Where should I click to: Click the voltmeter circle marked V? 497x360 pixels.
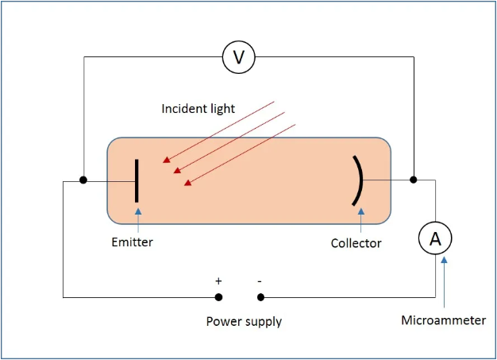coord(239,56)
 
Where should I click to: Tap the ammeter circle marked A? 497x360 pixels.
coord(435,238)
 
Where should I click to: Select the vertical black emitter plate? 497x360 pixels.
coord(137,180)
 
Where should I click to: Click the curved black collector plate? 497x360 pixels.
coord(358,180)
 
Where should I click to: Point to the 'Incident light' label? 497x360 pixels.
coord(198,108)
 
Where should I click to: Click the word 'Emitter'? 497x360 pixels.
coord(132,242)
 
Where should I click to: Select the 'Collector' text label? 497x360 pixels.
coord(356,243)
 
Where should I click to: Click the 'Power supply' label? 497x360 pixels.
coord(244,321)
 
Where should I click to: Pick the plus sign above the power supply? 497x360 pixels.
coord(218,281)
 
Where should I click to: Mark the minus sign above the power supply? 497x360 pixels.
coord(260,281)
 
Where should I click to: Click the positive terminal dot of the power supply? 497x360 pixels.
coord(219,297)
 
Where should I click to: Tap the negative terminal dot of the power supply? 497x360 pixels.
coord(260,297)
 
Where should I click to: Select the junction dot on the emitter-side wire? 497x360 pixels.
coord(83,180)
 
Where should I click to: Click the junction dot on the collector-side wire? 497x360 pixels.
coord(414,180)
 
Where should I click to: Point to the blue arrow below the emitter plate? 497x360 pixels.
coord(138,219)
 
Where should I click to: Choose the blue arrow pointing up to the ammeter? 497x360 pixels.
coord(443,278)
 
